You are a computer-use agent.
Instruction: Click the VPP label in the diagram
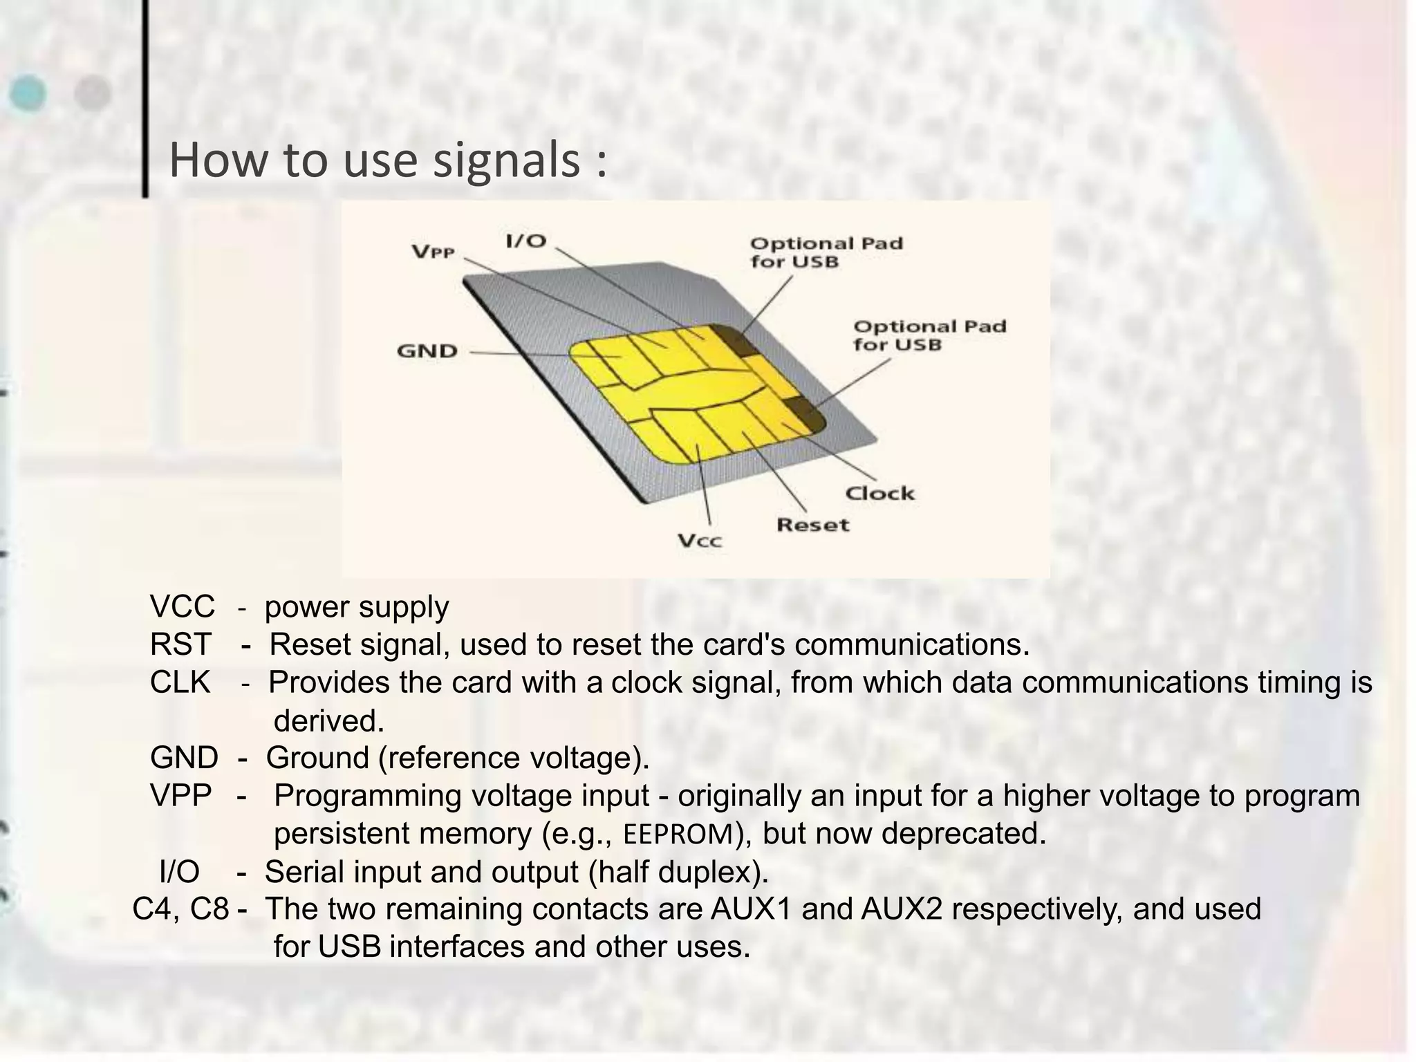[434, 252]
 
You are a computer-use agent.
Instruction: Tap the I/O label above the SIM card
[526, 241]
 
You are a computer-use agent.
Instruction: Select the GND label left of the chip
[427, 351]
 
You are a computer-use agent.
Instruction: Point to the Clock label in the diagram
[879, 493]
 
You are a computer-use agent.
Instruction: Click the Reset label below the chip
[812, 525]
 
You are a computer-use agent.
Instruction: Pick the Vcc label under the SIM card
[700, 541]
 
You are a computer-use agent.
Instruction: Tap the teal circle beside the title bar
[28, 93]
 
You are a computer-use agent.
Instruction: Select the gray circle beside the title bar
[93, 93]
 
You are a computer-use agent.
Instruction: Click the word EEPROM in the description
[678, 835]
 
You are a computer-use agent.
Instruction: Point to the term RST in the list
[180, 645]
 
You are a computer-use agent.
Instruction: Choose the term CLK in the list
[180, 683]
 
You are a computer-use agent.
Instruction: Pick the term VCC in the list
[182, 607]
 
